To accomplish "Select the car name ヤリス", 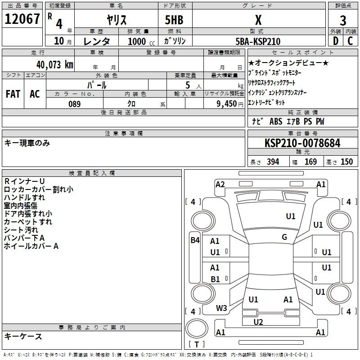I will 116,19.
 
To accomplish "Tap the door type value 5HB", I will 171,19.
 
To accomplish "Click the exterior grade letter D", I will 335,41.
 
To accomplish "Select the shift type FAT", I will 13,94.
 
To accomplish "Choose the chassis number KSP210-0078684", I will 302,144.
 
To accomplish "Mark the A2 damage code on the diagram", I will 220,184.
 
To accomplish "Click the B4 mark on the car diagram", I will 195,240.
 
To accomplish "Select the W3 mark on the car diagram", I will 221,308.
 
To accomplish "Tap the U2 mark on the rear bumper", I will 258,322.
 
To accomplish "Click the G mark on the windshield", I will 284,237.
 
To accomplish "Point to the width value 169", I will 310,162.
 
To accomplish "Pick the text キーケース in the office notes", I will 23,337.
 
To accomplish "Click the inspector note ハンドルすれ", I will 24,198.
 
